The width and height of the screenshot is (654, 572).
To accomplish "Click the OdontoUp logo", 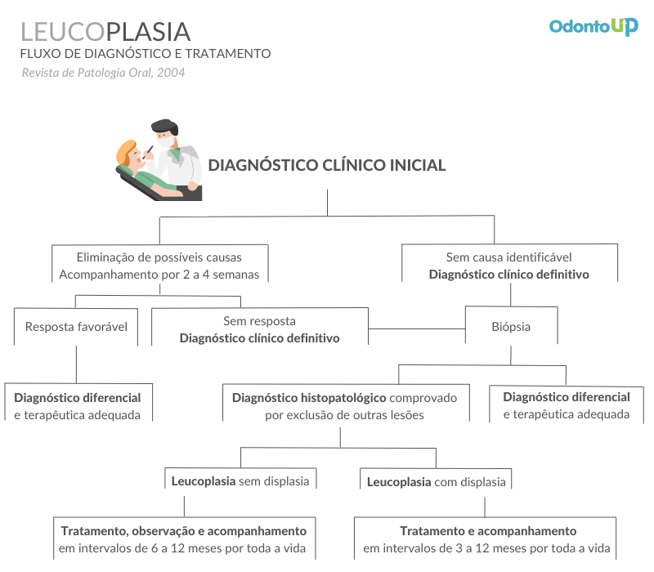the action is (x=594, y=27).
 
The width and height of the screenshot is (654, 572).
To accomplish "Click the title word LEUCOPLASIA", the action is (x=105, y=32).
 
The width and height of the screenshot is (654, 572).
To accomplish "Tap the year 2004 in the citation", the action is (x=171, y=73).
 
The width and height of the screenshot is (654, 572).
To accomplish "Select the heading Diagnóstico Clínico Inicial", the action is (x=327, y=165).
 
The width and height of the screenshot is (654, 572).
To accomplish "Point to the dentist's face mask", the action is (x=166, y=141).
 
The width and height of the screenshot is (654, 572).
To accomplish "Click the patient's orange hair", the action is (x=125, y=152).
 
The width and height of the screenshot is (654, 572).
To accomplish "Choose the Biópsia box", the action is (x=512, y=325).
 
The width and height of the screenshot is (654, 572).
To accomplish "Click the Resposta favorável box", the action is (x=76, y=326).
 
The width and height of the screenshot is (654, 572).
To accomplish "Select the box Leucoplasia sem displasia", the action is (x=240, y=478).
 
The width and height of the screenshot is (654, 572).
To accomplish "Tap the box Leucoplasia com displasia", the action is (x=436, y=479).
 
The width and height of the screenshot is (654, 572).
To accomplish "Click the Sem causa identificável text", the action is (x=508, y=257).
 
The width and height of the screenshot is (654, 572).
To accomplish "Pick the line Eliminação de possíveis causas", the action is (x=159, y=257).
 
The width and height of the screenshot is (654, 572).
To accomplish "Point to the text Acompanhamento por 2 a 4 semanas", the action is (x=159, y=275).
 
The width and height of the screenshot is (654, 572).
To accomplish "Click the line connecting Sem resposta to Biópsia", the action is (x=417, y=329).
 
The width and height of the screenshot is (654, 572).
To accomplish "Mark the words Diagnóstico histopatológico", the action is (x=303, y=398).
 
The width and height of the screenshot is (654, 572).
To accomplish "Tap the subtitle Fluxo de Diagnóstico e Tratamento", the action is (x=146, y=54).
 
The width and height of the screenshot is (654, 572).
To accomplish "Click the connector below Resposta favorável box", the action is (x=76, y=364).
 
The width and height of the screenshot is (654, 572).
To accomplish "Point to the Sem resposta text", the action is (x=259, y=321).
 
